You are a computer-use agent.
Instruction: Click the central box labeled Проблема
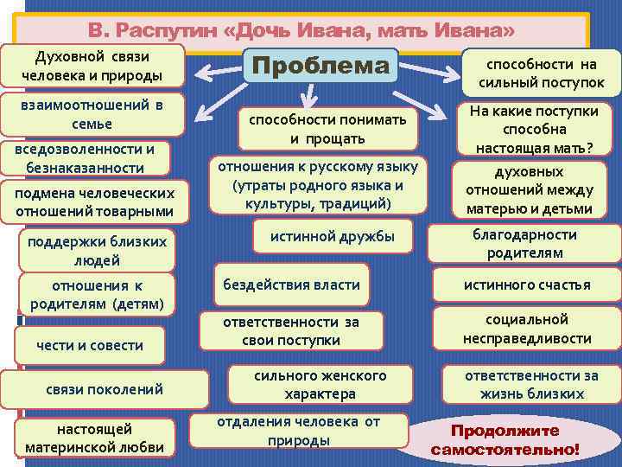pyautogui.click(x=321, y=66)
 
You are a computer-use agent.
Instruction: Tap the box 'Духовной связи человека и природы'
pyautogui.click(x=98, y=66)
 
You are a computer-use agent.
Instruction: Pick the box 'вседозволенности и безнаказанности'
pyautogui.click(x=86, y=157)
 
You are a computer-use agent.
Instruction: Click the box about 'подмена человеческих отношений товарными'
pyautogui.click(x=94, y=202)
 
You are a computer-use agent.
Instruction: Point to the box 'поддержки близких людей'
pyautogui.click(x=97, y=250)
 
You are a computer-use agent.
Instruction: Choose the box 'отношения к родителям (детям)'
pyautogui.click(x=97, y=294)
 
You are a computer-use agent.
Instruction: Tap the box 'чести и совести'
pyautogui.click(x=90, y=345)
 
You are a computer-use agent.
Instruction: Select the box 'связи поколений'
pyautogui.click(x=104, y=388)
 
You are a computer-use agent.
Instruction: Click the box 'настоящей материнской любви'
pyautogui.click(x=94, y=438)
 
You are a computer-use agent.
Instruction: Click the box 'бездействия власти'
pyautogui.click(x=291, y=284)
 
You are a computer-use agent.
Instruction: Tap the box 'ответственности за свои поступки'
pyautogui.click(x=290, y=330)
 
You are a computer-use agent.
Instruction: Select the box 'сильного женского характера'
pyautogui.click(x=320, y=385)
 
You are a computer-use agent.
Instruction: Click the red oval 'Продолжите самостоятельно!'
pyautogui.click(x=505, y=440)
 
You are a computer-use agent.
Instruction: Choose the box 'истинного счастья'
pyautogui.click(x=527, y=285)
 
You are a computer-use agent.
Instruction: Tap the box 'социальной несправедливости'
pyautogui.click(x=527, y=329)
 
